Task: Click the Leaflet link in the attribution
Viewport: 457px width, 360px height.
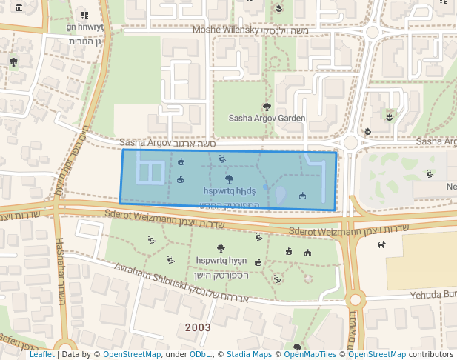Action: click(41, 354)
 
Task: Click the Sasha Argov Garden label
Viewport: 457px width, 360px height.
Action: click(267, 118)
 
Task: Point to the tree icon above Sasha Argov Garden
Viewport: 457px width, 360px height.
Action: click(267, 107)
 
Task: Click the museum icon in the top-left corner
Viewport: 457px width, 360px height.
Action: click(18, 8)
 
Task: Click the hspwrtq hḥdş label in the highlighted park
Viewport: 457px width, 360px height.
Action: click(229, 190)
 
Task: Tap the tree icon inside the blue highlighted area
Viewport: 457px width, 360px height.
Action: click(229, 179)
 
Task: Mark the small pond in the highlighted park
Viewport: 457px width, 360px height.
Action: click(281, 196)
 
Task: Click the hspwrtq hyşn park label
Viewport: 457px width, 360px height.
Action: click(221, 261)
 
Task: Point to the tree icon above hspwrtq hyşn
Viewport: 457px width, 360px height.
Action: click(220, 249)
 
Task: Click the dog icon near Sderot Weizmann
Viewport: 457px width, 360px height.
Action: click(381, 244)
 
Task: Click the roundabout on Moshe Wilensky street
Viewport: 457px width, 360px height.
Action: click(372, 32)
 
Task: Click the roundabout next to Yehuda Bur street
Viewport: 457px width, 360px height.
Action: click(356, 300)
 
